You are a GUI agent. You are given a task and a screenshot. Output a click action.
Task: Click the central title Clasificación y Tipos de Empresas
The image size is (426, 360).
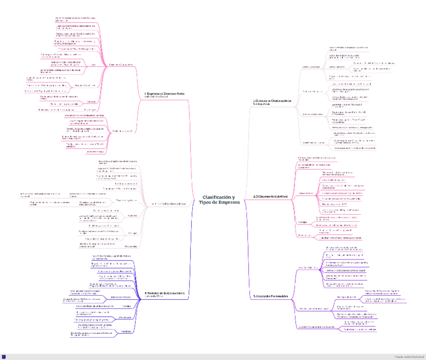pos(219,200)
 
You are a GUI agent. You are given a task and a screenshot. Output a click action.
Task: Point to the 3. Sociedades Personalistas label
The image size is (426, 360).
pos(271,296)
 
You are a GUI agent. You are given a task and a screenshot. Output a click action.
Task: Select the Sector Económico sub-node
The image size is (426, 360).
pos(311,67)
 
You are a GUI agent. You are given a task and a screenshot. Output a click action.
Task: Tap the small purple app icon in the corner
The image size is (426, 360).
pos(4,356)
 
